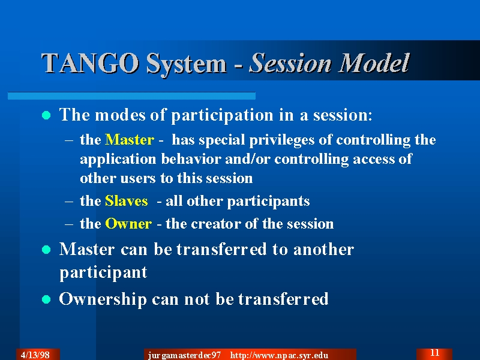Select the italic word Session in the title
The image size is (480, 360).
[290, 63]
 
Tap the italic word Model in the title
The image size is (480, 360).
[374, 62]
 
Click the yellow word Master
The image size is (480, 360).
[130, 140]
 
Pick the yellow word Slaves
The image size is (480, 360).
[127, 201]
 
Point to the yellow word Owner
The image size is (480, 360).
[128, 224]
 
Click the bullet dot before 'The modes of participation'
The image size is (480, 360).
[46, 115]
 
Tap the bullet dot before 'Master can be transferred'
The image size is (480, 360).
[46, 250]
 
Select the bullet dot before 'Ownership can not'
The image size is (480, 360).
[46, 299]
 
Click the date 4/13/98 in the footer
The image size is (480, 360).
[35, 355]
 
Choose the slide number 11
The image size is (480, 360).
[434, 353]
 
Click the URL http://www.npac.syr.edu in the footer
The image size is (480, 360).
[279, 355]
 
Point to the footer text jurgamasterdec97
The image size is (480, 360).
[184, 355]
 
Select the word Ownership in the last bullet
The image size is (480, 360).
[103, 299]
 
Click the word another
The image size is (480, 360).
[323, 249]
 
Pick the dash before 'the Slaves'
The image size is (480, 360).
[69, 202]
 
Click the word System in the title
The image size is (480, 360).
[186, 64]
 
